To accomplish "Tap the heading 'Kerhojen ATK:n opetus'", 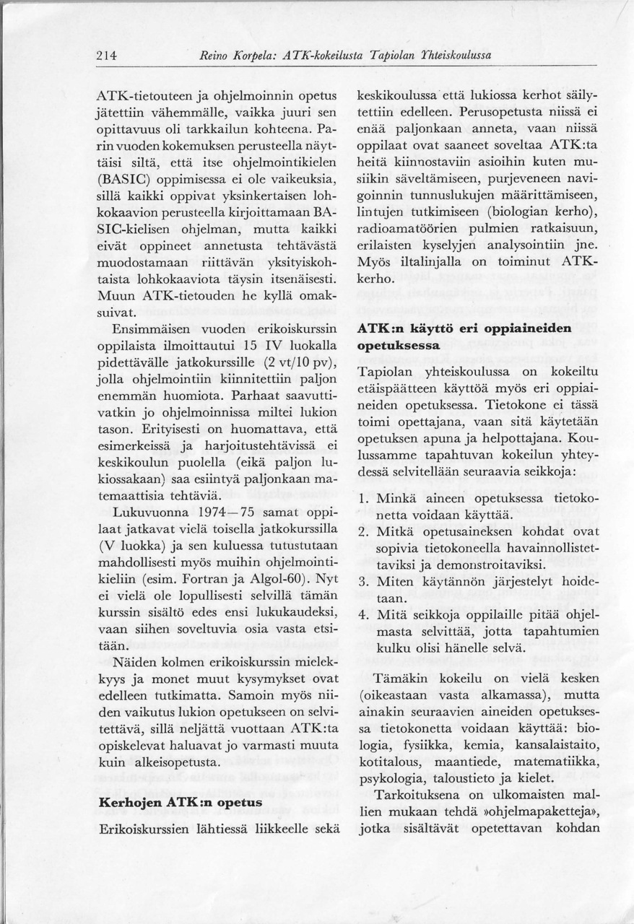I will point(179,803).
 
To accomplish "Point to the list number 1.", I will point(364,499).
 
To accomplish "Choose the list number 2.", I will point(364,532).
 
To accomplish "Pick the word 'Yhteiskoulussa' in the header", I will point(455,56).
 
